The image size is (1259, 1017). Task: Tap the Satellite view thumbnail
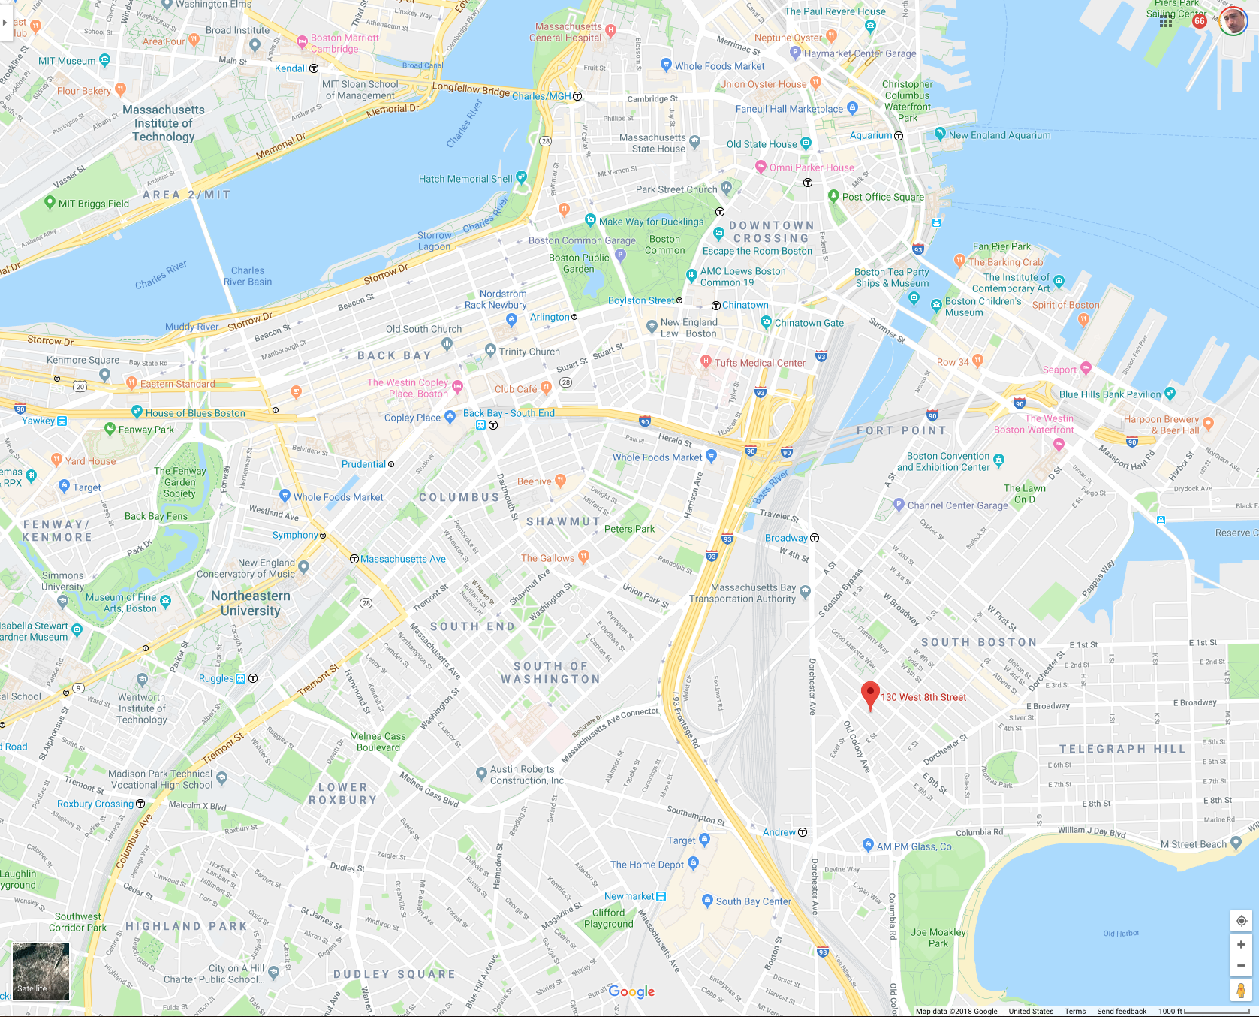tap(41, 971)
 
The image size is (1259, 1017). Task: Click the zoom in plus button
tap(1241, 945)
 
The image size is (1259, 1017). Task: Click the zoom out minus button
tap(1241, 966)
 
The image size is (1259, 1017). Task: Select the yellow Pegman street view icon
tap(1241, 991)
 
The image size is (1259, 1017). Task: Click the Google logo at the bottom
tap(631, 991)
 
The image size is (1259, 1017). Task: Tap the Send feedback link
tap(1121, 1011)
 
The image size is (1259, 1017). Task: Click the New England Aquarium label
tap(999, 135)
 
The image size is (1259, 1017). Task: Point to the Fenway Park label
tap(146, 430)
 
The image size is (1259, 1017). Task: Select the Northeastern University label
tap(250, 603)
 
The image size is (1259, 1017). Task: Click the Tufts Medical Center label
tap(760, 363)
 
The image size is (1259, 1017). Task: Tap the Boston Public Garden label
tap(579, 263)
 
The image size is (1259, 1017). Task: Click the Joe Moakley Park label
tap(938, 937)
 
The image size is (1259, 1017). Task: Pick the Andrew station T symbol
tap(803, 832)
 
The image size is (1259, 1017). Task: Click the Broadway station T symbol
tap(815, 538)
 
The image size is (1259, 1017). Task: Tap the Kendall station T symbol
tap(314, 68)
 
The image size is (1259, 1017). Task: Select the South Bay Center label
tap(753, 901)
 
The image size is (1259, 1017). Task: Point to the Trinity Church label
tap(529, 352)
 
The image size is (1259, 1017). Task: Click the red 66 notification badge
tap(1200, 21)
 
